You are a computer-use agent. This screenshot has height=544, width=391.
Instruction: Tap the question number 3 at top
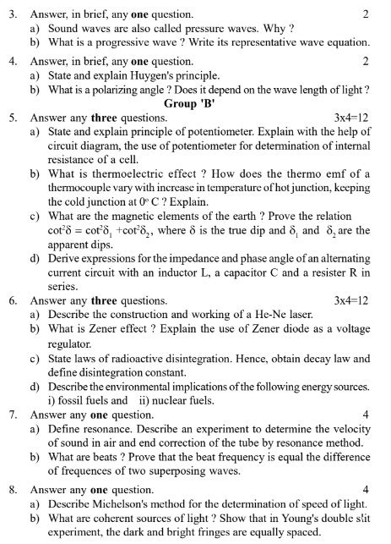pos(13,14)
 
